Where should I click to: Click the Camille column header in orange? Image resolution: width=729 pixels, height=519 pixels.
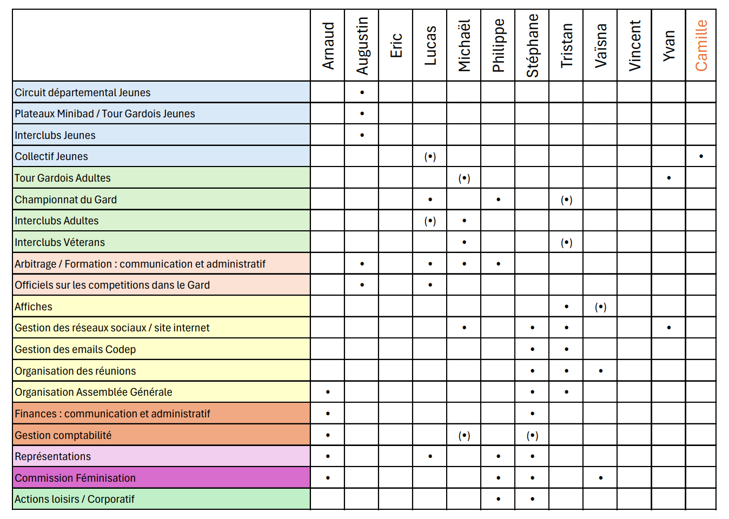click(x=701, y=45)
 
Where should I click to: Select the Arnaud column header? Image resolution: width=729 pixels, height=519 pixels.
click(x=328, y=45)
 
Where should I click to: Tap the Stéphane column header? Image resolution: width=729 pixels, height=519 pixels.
click(x=533, y=45)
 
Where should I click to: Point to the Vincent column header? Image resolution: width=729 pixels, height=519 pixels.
click(x=634, y=45)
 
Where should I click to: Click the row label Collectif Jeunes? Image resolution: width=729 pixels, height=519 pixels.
click(x=51, y=157)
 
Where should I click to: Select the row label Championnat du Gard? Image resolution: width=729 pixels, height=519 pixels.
click(x=65, y=199)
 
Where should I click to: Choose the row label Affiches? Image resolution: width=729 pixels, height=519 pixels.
click(x=33, y=307)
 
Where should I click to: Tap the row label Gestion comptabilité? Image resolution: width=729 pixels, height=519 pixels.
click(x=63, y=435)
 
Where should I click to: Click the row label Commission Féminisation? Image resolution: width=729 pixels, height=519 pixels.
click(x=75, y=478)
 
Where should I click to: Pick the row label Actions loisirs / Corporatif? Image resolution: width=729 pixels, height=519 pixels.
click(x=74, y=499)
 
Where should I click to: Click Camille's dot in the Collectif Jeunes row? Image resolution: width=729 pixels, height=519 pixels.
click(x=701, y=157)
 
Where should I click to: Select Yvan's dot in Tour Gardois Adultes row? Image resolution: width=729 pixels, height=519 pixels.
click(x=669, y=178)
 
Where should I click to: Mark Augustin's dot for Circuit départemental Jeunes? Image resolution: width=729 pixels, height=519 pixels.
click(x=362, y=92)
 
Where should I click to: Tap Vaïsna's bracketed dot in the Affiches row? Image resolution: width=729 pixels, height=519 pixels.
click(x=600, y=307)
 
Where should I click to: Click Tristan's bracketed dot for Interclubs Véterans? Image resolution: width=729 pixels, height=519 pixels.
click(x=566, y=242)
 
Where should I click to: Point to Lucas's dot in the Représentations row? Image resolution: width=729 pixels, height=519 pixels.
click(x=430, y=456)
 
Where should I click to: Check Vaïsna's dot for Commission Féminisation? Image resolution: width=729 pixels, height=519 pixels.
click(x=601, y=478)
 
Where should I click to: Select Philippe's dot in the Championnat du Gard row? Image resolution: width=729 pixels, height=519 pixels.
click(x=498, y=199)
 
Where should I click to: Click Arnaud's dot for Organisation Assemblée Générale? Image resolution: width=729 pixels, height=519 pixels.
click(x=328, y=392)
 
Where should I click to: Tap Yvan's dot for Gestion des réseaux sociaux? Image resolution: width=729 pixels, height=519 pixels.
click(x=669, y=328)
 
